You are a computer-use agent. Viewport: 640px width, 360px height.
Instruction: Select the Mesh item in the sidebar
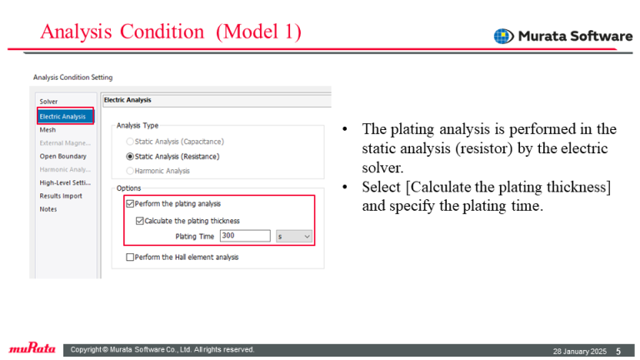pyautogui.click(x=47, y=130)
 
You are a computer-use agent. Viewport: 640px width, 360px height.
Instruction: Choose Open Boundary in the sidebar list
pyautogui.click(x=62, y=157)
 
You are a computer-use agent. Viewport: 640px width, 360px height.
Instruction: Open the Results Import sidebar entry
pyautogui.click(x=61, y=196)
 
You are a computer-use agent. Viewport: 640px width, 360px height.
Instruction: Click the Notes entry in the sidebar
pyautogui.click(x=48, y=209)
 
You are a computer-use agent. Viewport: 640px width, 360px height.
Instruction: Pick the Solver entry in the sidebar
pyautogui.click(x=48, y=102)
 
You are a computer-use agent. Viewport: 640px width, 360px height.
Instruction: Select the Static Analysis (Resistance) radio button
pyautogui.click(x=130, y=157)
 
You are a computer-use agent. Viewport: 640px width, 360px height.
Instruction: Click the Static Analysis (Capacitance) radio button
pyautogui.click(x=130, y=142)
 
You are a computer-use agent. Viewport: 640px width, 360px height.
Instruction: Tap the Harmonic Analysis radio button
pyautogui.click(x=130, y=171)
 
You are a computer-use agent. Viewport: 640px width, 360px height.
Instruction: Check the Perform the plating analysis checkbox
pyautogui.click(x=130, y=203)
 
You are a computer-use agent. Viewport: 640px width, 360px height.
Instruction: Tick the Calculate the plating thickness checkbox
pyautogui.click(x=140, y=221)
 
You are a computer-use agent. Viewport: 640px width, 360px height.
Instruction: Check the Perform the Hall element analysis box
pyautogui.click(x=130, y=257)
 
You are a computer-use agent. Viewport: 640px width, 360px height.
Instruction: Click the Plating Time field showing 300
pyautogui.click(x=245, y=236)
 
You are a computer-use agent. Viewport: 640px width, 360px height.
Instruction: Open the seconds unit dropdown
pyautogui.click(x=294, y=237)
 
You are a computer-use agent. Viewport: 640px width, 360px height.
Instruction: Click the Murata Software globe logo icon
pyautogui.click(x=503, y=37)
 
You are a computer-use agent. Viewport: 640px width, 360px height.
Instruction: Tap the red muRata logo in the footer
pyautogui.click(x=32, y=348)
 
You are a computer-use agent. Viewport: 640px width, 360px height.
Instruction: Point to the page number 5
pyautogui.click(x=618, y=352)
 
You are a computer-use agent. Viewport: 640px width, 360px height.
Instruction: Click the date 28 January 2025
pyautogui.click(x=580, y=352)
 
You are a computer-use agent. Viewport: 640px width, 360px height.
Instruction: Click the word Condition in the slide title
pyautogui.click(x=162, y=32)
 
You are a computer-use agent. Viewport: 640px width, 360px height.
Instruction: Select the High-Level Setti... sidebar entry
pyautogui.click(x=65, y=182)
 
